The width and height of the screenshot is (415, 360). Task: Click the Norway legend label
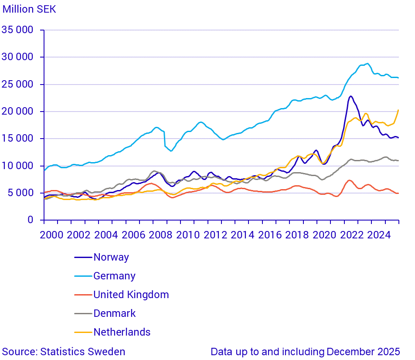[x=111, y=257]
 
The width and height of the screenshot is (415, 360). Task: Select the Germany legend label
[x=114, y=276]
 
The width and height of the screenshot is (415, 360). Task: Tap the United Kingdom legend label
[x=131, y=295]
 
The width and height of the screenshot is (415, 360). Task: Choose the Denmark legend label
[x=114, y=313]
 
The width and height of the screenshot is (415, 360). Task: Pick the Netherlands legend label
[x=122, y=332]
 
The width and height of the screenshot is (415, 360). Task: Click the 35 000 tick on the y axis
[x=18, y=30]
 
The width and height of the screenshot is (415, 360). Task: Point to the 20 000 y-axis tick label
[x=18, y=112]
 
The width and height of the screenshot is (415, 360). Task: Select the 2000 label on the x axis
[x=51, y=235]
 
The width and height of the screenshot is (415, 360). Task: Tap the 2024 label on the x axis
[x=379, y=235]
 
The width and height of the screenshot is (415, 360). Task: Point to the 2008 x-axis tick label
[x=161, y=235]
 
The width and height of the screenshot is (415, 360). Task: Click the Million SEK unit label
[x=30, y=9]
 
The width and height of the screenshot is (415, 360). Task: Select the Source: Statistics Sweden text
[x=64, y=352]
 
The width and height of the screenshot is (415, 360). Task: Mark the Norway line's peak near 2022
[x=351, y=96]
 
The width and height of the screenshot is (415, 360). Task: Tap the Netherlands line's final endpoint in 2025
[x=398, y=110]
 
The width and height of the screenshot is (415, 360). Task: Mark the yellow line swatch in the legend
[x=83, y=332]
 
